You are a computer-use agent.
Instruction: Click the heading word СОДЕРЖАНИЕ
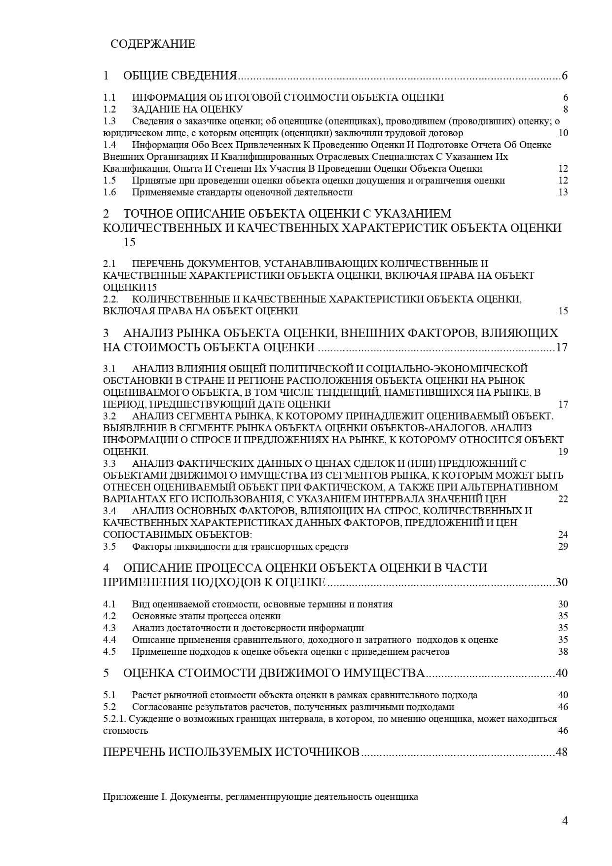[152, 44]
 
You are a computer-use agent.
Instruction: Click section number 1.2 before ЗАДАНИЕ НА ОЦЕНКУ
[109, 109]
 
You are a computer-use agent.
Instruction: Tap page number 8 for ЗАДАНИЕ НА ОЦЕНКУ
[565, 109]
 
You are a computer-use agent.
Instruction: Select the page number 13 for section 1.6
[563, 192]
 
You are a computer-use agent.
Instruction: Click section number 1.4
[109, 145]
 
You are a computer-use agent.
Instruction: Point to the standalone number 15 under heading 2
[129, 242]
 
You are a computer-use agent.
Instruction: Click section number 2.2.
[110, 299]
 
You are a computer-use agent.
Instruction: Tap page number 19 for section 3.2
[563, 452]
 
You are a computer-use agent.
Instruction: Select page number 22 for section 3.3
[563, 499]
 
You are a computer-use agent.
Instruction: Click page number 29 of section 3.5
[563, 546]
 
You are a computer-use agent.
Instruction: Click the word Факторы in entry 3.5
[148, 546]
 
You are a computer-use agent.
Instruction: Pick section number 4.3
[109, 628]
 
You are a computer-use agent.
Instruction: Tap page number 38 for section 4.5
[563, 651]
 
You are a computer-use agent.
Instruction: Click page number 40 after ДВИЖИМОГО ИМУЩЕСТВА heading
[561, 673]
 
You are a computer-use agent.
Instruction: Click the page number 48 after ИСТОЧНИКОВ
[561, 752]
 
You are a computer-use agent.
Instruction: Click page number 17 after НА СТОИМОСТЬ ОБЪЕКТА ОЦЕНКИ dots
[561, 347]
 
